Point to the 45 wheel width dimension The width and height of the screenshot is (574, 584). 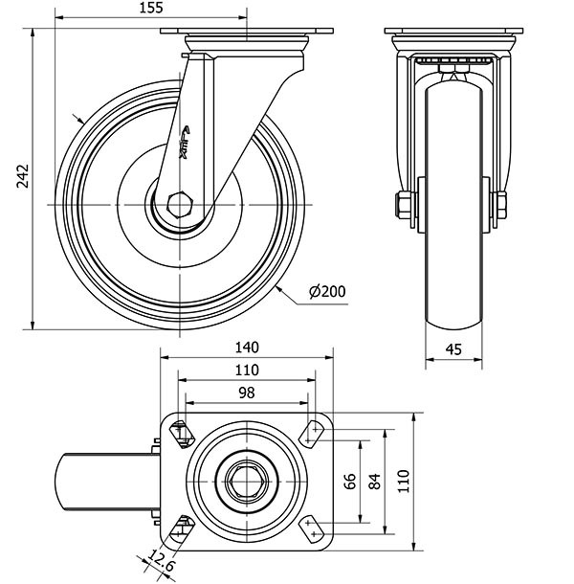[453, 349]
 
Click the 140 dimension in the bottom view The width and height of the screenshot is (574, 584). [247, 348]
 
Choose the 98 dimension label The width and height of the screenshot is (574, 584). [247, 393]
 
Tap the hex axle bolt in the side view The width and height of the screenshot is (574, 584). [179, 204]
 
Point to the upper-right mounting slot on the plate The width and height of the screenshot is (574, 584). [312, 433]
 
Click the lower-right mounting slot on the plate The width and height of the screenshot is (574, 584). [312, 526]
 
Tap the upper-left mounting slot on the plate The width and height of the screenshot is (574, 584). [181, 433]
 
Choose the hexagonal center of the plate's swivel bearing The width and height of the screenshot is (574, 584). [247, 479]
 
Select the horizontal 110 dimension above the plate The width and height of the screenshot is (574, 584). [247, 371]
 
